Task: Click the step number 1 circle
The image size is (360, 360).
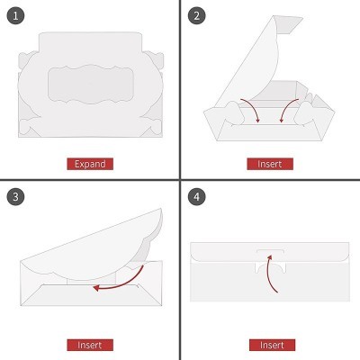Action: tap(15, 15)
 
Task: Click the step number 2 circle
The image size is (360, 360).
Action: tap(196, 15)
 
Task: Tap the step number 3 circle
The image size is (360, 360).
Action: tap(15, 196)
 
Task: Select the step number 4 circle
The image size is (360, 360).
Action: tap(196, 196)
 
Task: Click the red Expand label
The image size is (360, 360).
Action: tap(90, 164)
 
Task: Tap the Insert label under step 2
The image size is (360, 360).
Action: tap(270, 164)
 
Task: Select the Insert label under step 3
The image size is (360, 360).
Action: tap(90, 345)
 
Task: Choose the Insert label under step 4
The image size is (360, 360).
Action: tap(272, 345)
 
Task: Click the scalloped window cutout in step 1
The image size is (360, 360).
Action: tap(91, 85)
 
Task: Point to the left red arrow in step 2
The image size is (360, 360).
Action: tap(254, 108)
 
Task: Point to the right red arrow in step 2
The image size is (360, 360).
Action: tap(286, 109)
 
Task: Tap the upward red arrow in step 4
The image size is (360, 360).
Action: tap(268, 272)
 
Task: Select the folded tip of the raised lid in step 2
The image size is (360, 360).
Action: tap(290, 24)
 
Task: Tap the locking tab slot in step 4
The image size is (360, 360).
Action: tap(270, 251)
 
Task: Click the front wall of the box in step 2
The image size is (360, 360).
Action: tap(269, 133)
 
